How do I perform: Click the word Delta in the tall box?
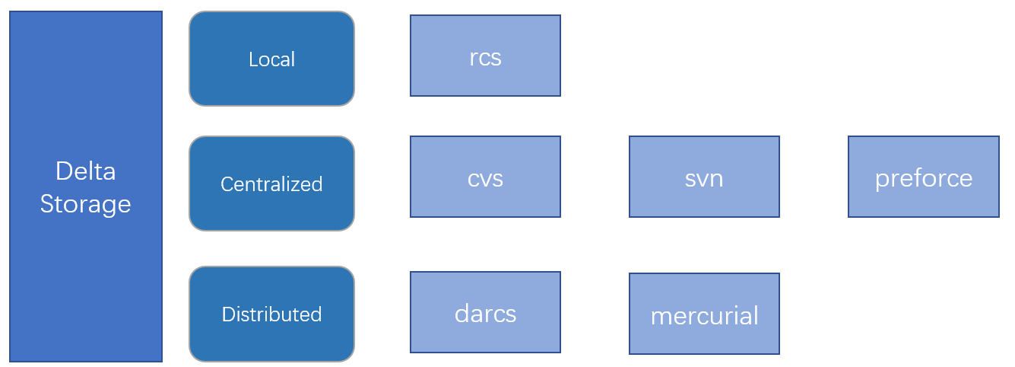[85, 171]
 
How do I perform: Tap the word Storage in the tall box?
[85, 204]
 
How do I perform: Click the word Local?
[271, 59]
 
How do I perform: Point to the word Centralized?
[271, 184]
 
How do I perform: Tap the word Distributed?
[271, 314]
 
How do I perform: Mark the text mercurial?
[704, 316]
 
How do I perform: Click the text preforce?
[923, 178]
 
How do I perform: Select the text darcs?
[485, 314]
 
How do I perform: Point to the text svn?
[704, 179]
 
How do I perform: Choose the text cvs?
[485, 179]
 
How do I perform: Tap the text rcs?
[485, 58]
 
